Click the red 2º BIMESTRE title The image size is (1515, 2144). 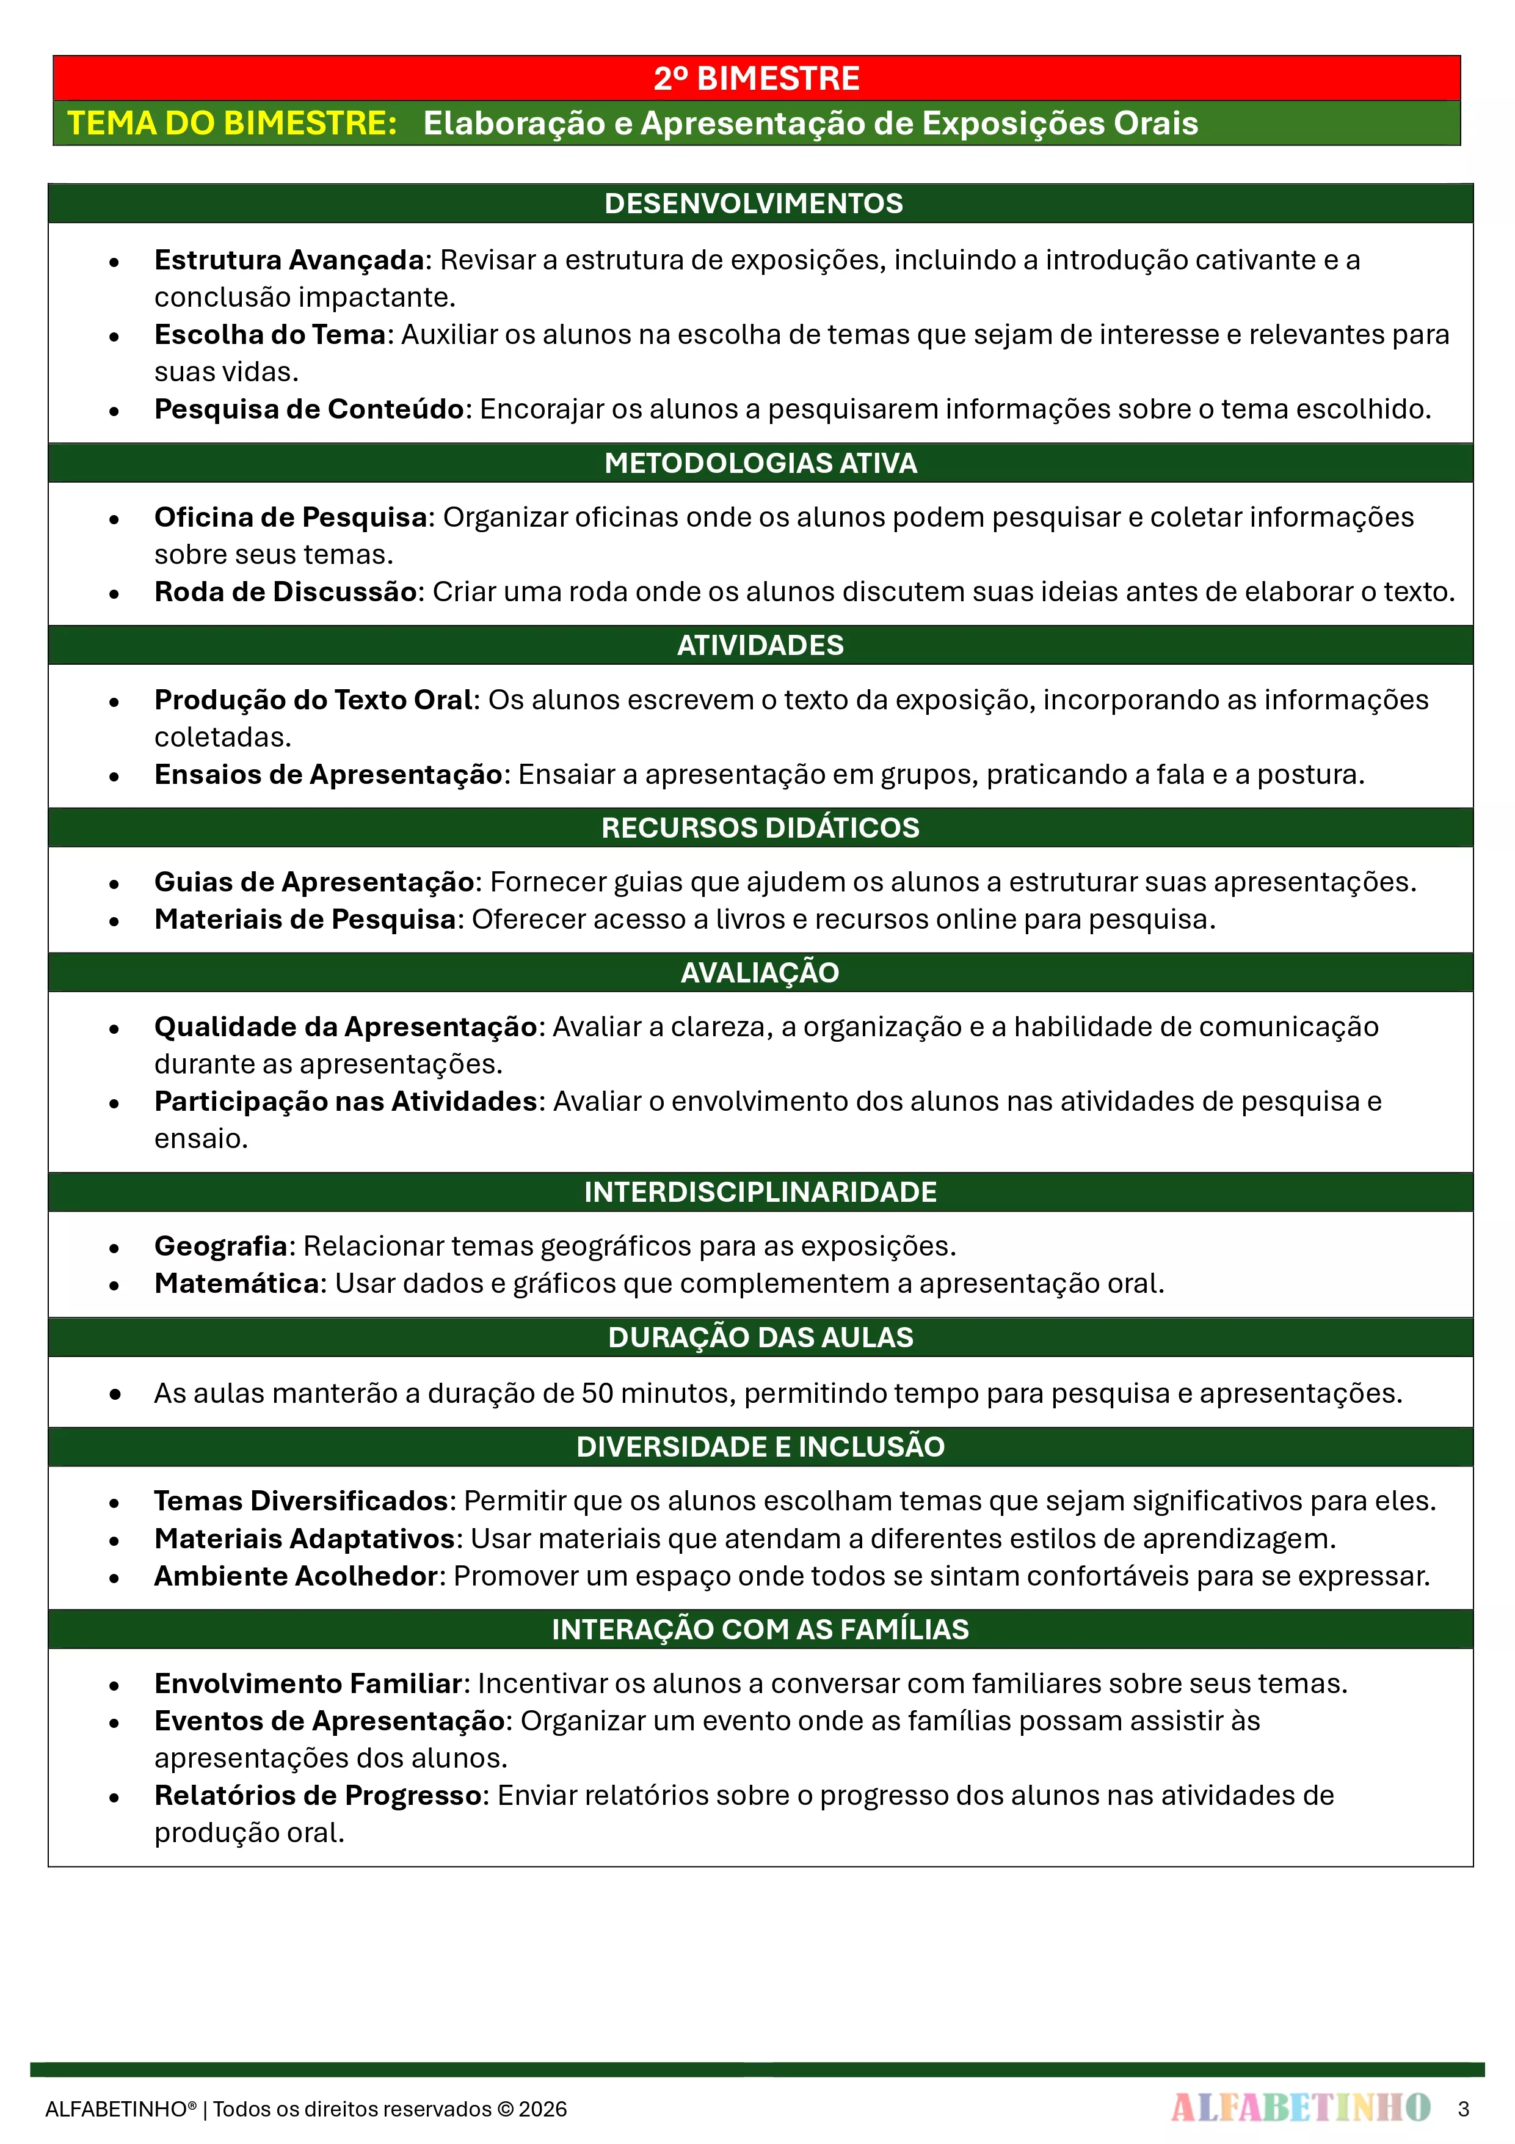pyautogui.click(x=756, y=78)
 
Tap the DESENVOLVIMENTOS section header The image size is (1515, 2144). pyautogui.click(x=754, y=203)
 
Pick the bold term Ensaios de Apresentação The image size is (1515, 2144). pyautogui.click(x=329, y=775)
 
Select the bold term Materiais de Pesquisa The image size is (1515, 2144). pyautogui.click(x=305, y=920)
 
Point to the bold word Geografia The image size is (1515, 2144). pyautogui.click(x=221, y=1246)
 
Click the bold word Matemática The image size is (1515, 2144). pyautogui.click(x=237, y=1284)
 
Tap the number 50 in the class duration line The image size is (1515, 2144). pyautogui.click(x=597, y=1393)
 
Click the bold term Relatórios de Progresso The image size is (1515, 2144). pyautogui.click(x=318, y=1796)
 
